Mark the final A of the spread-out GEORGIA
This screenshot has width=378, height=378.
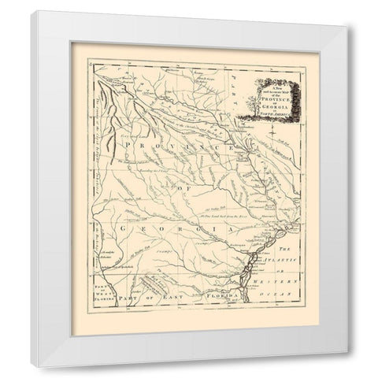233,229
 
